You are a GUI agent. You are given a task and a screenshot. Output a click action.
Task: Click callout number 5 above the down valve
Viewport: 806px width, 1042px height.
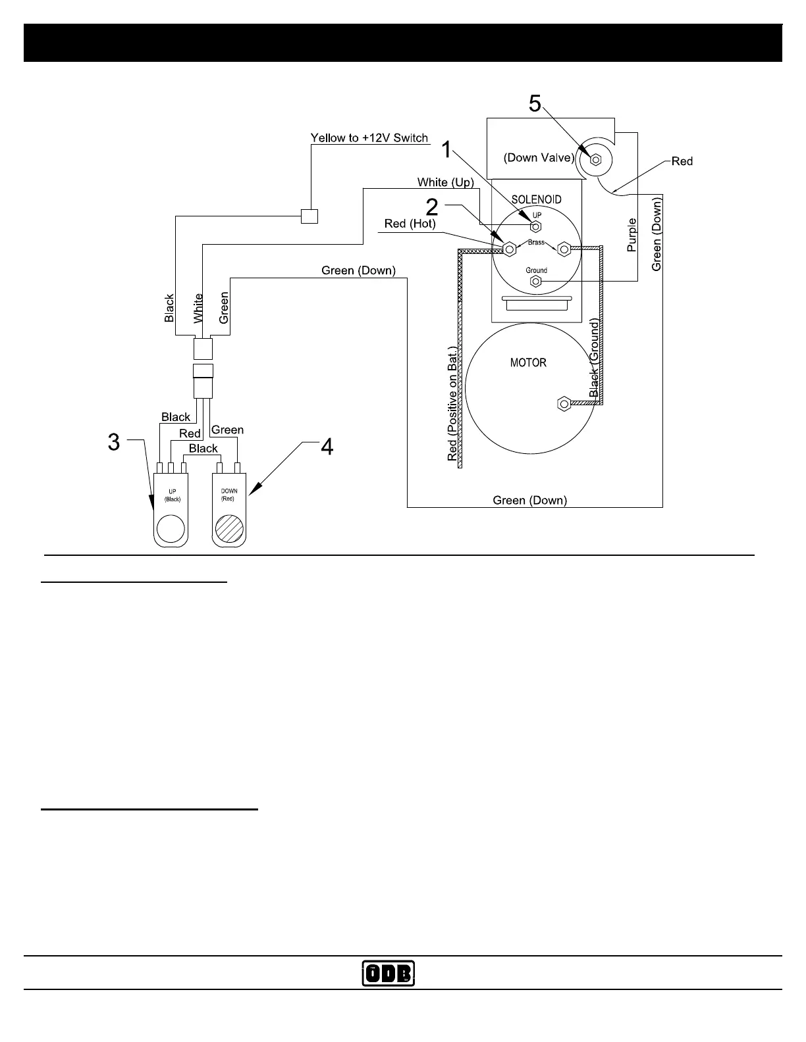tap(535, 104)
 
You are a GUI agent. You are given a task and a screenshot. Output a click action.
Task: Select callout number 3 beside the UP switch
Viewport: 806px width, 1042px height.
tap(114, 442)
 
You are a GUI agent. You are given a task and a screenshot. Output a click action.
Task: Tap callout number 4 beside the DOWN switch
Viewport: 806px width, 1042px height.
tap(327, 447)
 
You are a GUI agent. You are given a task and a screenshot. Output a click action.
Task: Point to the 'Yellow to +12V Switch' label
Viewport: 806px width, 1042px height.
tap(369, 138)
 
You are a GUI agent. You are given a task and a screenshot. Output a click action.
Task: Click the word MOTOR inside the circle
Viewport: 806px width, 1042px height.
tap(528, 362)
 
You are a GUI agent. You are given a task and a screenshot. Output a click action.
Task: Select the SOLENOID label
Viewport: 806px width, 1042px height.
tap(536, 199)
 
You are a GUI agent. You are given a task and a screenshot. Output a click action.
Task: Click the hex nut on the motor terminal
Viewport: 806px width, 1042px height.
tap(564, 403)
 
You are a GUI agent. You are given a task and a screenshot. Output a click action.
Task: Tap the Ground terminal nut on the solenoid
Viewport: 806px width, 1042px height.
tap(536, 282)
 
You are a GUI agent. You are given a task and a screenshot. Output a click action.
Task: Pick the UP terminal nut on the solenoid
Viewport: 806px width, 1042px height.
tap(536, 226)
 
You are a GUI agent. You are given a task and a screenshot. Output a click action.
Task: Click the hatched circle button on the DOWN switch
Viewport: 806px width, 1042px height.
tap(230, 528)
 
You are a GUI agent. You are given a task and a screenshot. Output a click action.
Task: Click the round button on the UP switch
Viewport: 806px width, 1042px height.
tap(171, 528)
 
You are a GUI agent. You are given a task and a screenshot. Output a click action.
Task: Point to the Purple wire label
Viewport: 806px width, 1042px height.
tap(632, 235)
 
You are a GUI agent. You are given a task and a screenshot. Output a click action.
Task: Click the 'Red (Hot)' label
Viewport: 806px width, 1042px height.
tap(410, 224)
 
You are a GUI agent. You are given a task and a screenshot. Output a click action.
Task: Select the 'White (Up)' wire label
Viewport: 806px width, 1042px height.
tap(445, 182)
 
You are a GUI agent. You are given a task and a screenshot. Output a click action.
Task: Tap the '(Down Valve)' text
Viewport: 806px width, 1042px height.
tap(539, 158)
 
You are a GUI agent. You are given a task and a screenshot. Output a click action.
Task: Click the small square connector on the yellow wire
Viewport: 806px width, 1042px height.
tap(309, 216)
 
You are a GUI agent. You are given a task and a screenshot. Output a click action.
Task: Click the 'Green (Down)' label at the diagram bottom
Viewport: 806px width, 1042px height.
tap(529, 501)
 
